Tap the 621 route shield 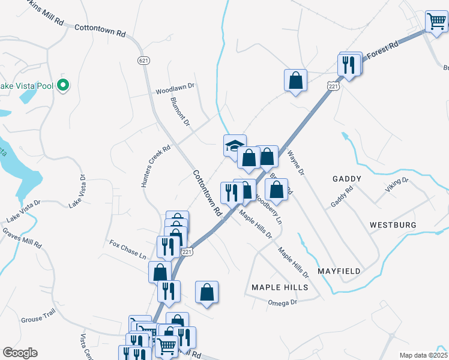point(143,61)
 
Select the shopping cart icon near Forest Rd point(436,22)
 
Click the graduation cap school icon point(235,145)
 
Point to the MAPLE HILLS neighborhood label point(280,287)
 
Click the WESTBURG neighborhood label point(393,225)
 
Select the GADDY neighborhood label point(346,179)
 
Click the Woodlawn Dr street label point(175,88)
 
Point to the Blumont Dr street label point(180,112)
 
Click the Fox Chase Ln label point(128,249)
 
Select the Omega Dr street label point(282,303)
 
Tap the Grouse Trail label point(38,320)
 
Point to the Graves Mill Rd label point(22,238)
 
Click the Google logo point(20,353)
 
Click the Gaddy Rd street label point(342,196)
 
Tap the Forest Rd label point(383,50)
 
